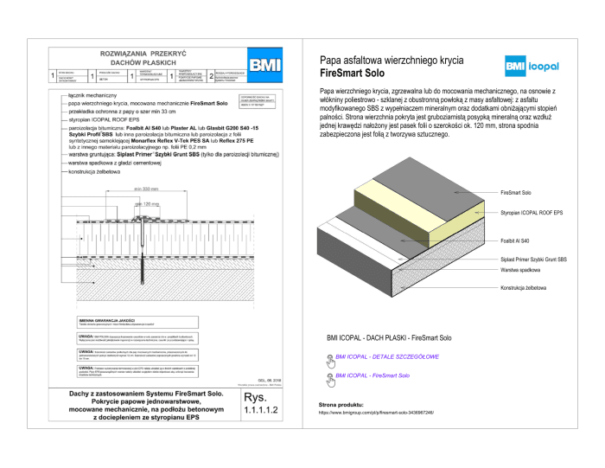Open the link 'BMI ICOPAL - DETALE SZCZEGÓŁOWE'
pyautogui.click(x=387, y=356)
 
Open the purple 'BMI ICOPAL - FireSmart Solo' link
pyautogui.click(x=373, y=375)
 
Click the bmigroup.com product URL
pyautogui.click(x=376, y=413)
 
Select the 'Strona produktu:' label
pyautogui.click(x=341, y=404)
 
